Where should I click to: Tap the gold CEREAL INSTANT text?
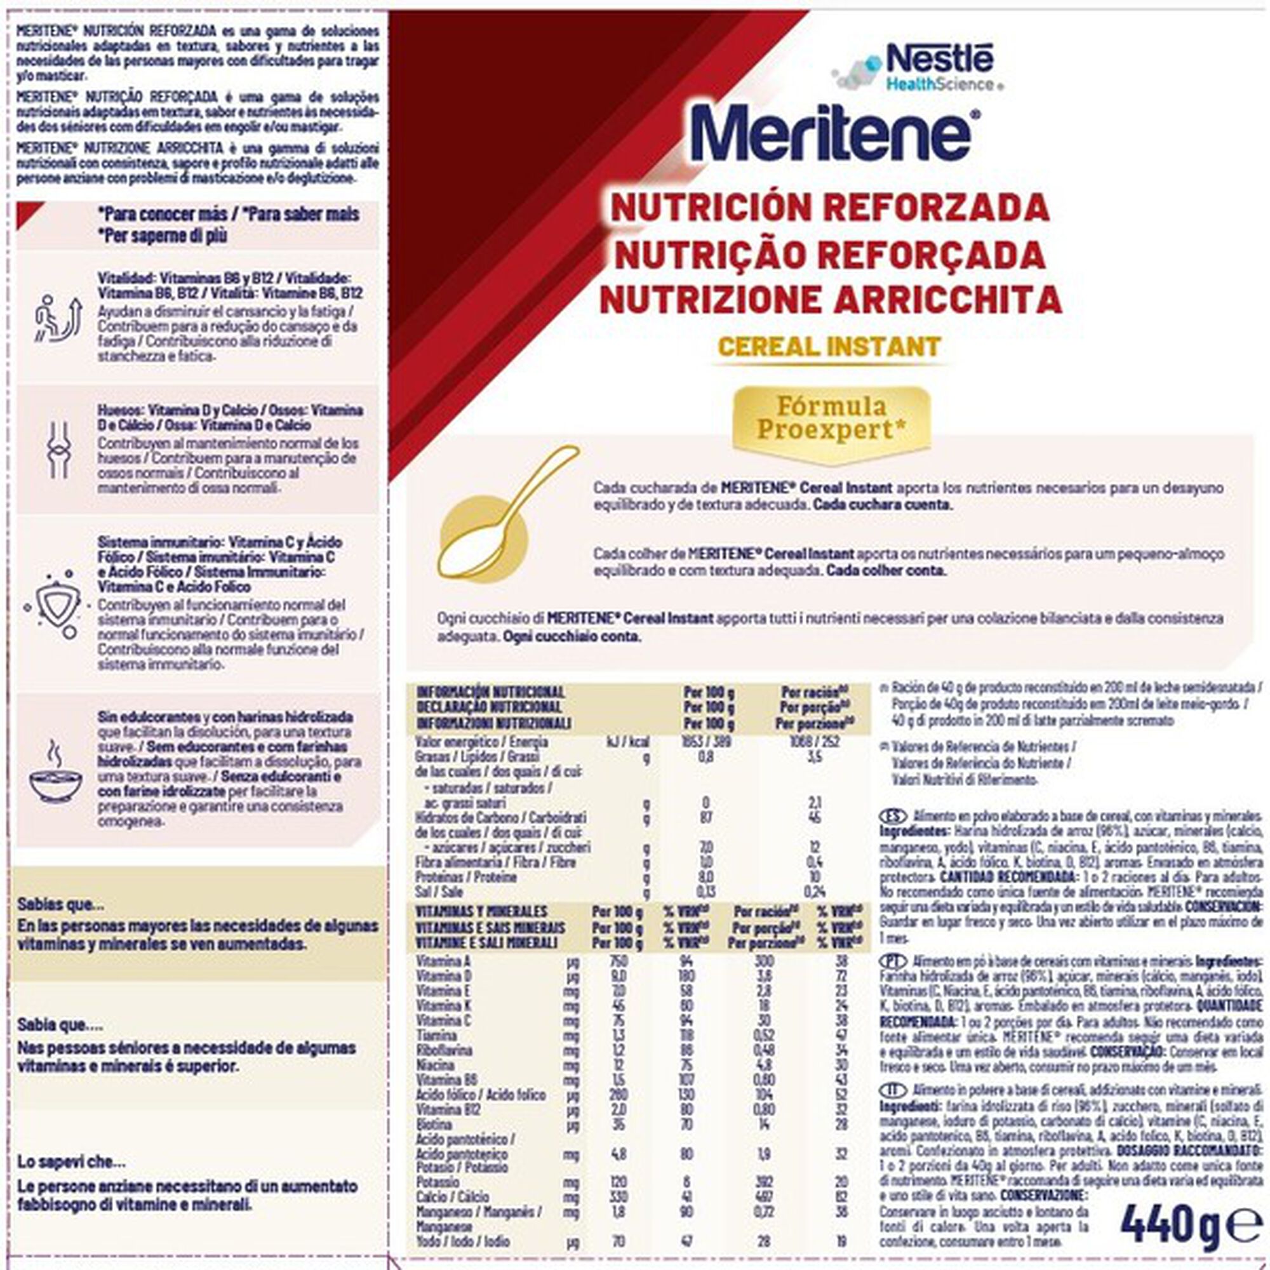click(x=829, y=347)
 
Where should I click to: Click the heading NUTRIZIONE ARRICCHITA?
click(x=830, y=299)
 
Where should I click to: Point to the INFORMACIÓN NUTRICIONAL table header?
click(x=490, y=692)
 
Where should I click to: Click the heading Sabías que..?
click(x=60, y=904)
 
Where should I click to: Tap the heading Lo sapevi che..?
click(x=71, y=1162)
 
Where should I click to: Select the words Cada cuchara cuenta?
click(x=882, y=505)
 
